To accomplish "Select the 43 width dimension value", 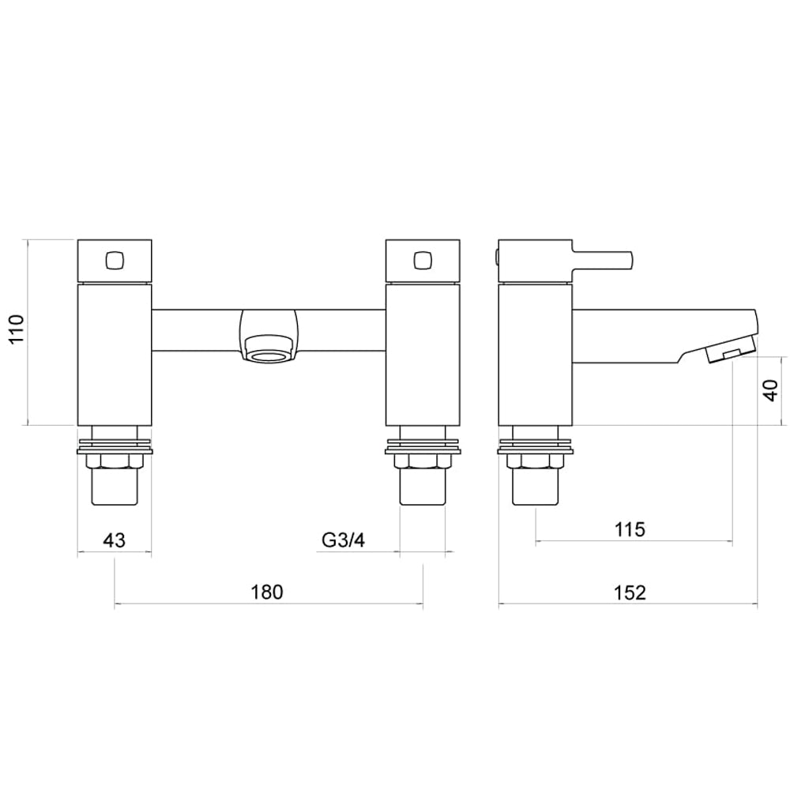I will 114,540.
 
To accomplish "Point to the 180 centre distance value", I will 268,592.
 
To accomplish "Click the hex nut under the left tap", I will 115,463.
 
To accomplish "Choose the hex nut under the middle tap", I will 423,463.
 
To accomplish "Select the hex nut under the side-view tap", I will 536,463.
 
